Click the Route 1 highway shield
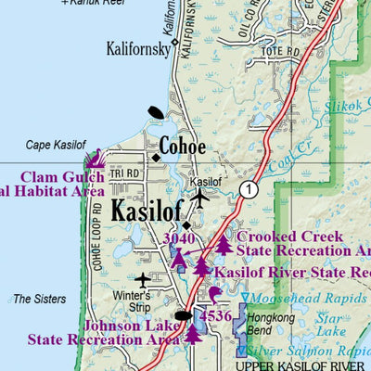click(247, 188)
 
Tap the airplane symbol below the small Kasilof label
click(199, 198)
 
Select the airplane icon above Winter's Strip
click(142, 279)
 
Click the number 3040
click(179, 238)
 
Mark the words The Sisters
click(40, 299)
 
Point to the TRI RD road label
click(122, 173)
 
